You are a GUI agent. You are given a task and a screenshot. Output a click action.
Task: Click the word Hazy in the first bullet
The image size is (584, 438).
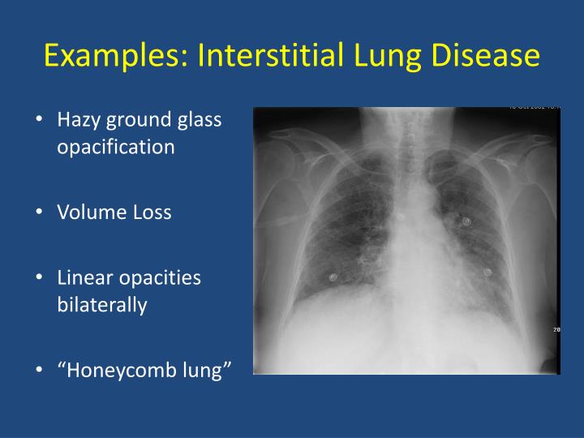[x=78, y=120]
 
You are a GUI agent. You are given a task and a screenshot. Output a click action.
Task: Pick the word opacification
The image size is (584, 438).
[x=115, y=148]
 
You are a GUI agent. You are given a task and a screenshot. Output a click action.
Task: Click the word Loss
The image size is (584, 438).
[x=149, y=213]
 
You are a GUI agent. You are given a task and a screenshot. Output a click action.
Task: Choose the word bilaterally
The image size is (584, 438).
[x=101, y=306]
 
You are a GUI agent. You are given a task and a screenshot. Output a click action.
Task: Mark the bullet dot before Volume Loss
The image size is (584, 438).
[x=40, y=213]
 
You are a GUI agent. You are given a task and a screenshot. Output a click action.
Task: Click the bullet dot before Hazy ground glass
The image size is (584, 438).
[x=40, y=120]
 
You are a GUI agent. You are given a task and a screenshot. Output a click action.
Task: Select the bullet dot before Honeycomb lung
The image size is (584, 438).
[x=40, y=371]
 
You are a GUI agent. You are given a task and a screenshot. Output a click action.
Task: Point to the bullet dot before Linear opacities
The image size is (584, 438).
[x=40, y=278]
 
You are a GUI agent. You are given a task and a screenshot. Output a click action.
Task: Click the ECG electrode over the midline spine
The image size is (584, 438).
[x=403, y=217]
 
